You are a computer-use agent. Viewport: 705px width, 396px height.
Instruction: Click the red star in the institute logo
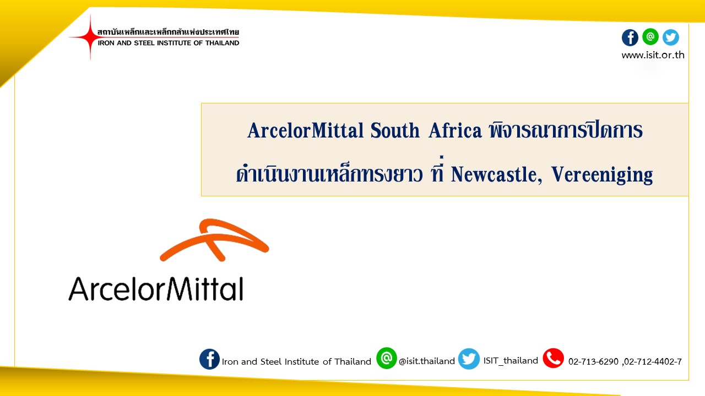[90, 37]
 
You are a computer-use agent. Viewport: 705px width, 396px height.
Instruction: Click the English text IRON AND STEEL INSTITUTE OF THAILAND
[169, 43]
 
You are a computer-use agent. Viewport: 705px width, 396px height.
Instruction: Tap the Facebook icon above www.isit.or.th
[630, 37]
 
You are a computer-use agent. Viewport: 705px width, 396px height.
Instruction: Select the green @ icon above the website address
[650, 37]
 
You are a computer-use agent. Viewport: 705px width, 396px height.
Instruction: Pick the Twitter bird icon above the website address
[671, 37]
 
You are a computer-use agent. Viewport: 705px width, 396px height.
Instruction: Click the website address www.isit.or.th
[653, 55]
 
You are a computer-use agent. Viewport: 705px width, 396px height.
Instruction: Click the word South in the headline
[395, 130]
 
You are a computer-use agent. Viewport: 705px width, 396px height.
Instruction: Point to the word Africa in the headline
[455, 130]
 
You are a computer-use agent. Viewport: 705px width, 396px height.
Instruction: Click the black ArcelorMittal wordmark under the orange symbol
[156, 289]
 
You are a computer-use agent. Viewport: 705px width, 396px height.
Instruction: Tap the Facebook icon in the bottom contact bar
[209, 359]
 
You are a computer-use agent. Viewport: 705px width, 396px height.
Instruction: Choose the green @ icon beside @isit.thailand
[386, 358]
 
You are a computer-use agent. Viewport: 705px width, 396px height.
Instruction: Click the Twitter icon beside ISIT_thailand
[469, 359]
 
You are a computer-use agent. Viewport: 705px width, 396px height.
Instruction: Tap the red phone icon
[554, 358]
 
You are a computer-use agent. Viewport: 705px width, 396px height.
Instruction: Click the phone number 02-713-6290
[593, 362]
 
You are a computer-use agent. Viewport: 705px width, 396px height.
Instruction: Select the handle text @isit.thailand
[427, 361]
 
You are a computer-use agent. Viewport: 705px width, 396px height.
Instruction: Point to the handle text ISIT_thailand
[511, 361]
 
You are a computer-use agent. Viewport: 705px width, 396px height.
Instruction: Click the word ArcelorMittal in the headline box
[305, 130]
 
